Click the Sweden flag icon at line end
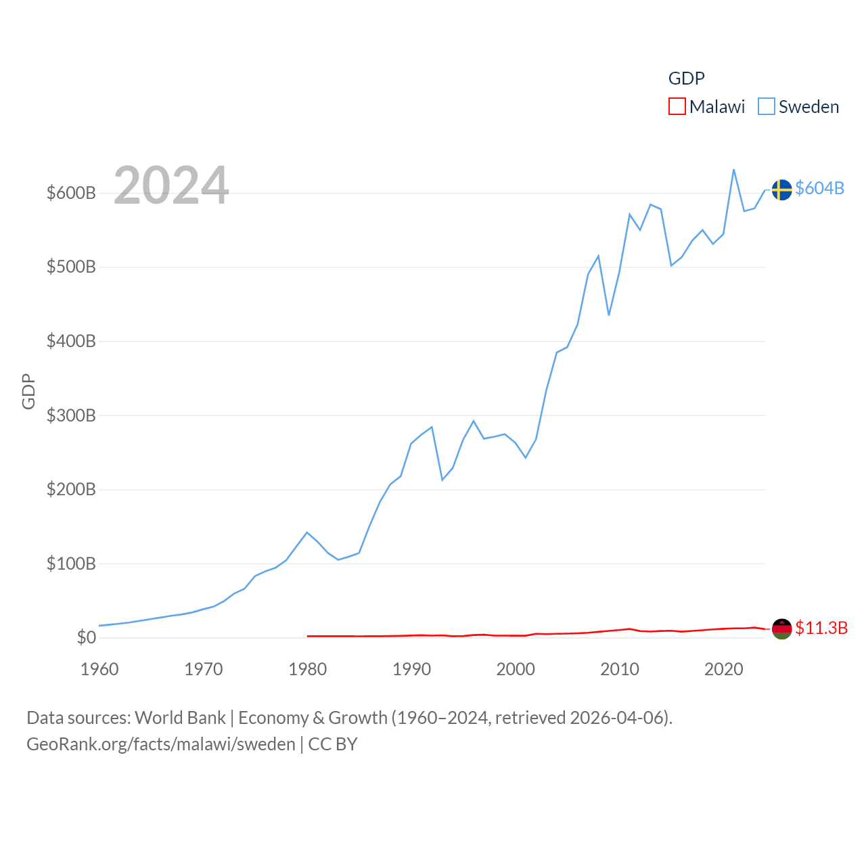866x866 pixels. (x=781, y=189)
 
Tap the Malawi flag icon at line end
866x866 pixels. (x=781, y=629)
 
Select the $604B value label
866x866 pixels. (x=819, y=188)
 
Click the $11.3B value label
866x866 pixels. (x=821, y=628)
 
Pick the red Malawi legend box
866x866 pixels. (x=677, y=107)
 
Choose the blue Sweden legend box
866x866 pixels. (x=766, y=107)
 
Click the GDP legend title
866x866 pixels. (x=686, y=78)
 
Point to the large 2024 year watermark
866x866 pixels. (x=171, y=185)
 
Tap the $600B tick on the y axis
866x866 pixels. (x=71, y=193)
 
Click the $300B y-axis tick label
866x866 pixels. (x=71, y=415)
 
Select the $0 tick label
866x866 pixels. (x=86, y=637)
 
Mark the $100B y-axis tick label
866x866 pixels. (x=71, y=564)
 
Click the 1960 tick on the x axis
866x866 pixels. (x=99, y=669)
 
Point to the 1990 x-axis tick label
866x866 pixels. (x=411, y=669)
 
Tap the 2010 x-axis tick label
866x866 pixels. (x=620, y=669)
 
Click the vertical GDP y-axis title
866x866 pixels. (x=28, y=391)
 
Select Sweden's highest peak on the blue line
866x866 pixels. (x=733, y=170)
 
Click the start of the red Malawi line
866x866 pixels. (x=308, y=636)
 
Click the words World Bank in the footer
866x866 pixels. (x=180, y=718)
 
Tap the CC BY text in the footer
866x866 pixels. (x=332, y=744)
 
